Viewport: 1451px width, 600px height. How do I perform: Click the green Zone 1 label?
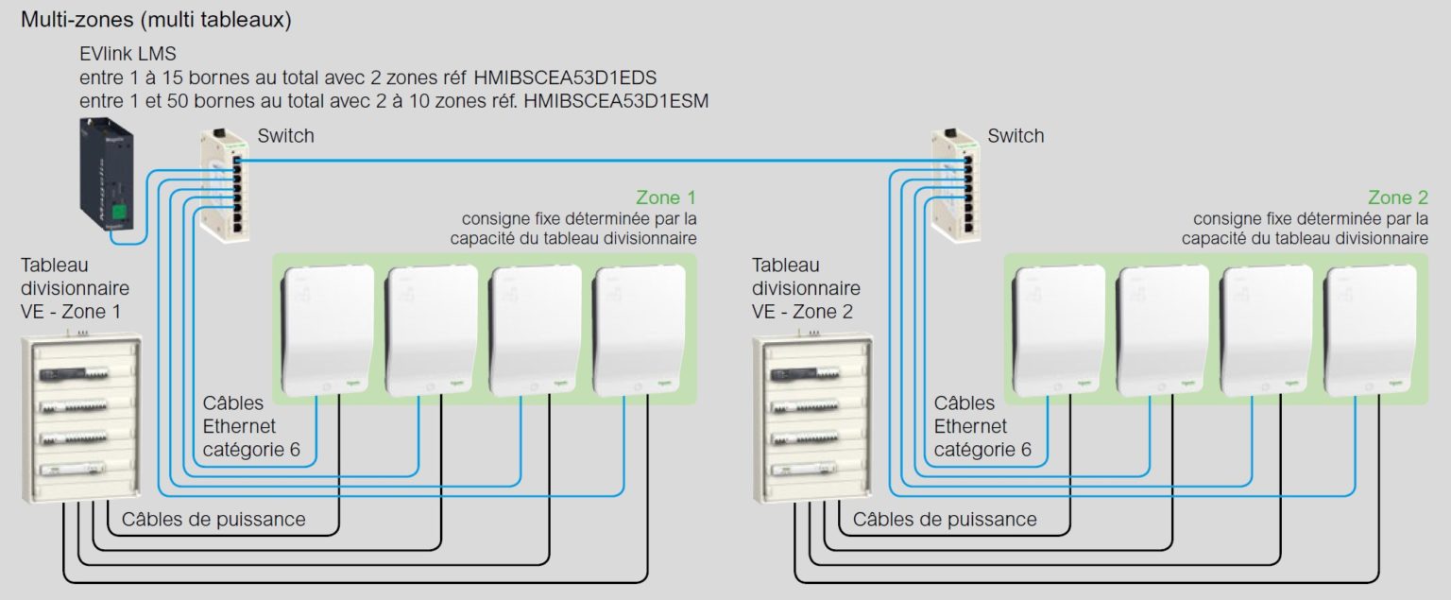coord(666,198)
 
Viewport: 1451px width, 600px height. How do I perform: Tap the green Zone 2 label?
coord(1397,198)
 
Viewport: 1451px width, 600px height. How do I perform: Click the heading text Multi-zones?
coord(75,20)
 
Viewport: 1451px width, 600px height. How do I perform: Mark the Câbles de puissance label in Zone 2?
coord(945,520)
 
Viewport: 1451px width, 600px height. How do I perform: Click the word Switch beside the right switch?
coord(1016,136)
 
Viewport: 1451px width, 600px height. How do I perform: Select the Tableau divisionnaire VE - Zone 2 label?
coord(806,288)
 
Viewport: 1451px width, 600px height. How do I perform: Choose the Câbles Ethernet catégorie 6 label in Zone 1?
coord(251,427)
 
